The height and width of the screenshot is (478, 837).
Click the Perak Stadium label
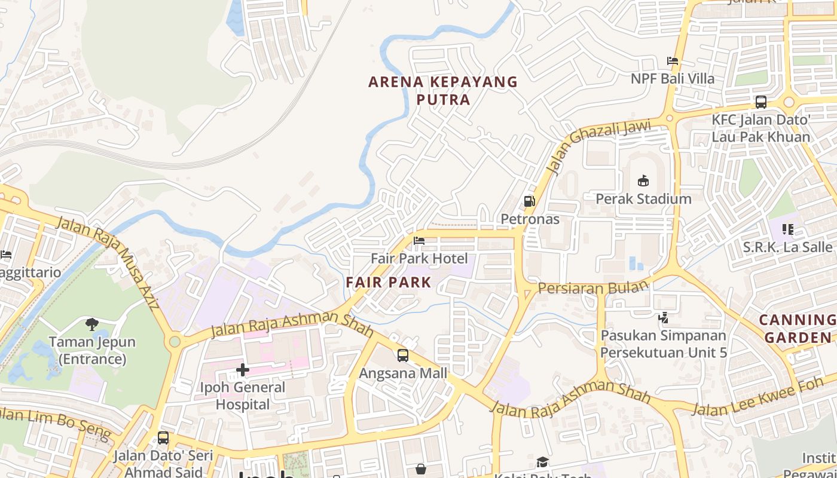tap(643, 199)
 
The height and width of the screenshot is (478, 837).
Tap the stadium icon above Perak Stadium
tap(643, 180)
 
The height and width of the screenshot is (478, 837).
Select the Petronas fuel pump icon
tap(529, 201)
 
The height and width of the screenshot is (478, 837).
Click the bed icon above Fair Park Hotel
tap(419, 241)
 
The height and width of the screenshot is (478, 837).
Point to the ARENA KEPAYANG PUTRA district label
tap(443, 90)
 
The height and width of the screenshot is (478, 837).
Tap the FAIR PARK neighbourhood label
tap(389, 283)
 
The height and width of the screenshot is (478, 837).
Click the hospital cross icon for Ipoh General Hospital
tap(242, 370)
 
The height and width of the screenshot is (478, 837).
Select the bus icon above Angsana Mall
tap(403, 356)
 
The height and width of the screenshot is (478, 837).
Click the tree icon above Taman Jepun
tap(92, 324)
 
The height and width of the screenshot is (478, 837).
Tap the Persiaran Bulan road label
tap(593, 287)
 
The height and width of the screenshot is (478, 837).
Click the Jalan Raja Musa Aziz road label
tap(108, 263)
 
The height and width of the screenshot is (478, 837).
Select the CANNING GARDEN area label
tap(798, 329)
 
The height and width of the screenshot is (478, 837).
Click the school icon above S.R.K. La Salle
tap(788, 229)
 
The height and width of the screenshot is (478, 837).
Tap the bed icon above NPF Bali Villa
tap(673, 61)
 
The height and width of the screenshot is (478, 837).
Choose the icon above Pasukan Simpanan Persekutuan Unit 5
tap(663, 318)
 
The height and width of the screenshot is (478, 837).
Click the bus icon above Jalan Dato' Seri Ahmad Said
tap(163, 438)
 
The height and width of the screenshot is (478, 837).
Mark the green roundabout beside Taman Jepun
tap(175, 342)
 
